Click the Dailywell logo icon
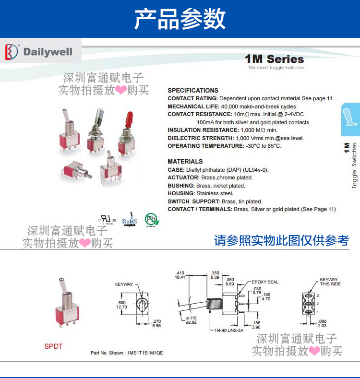pyautogui.click(x=12, y=52)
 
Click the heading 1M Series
pyautogui.click(x=274, y=59)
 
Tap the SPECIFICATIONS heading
pyautogui.click(x=192, y=90)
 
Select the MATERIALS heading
pyautogui.click(x=185, y=161)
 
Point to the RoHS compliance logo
pyautogui.click(x=130, y=220)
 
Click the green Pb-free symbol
pyautogui.click(x=152, y=220)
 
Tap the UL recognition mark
pyautogui.click(x=107, y=219)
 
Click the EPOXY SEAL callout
pyautogui.click(x=265, y=282)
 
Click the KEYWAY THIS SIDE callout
pyautogui.click(x=329, y=282)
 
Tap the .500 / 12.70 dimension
pyautogui.click(x=122, y=305)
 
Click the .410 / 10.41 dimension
pyautogui.click(x=180, y=274)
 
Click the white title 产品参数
pyautogui.click(x=180, y=19)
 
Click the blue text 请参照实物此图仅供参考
pyautogui.click(x=281, y=240)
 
